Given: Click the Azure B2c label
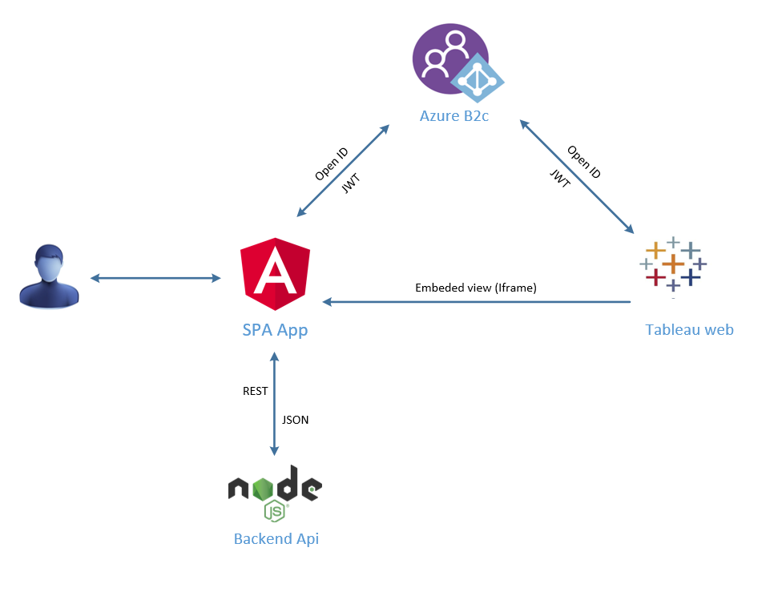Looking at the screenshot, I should pyautogui.click(x=454, y=116).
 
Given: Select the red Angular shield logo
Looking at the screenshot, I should pyautogui.click(x=275, y=274).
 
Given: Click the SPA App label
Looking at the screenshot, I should pyautogui.click(x=275, y=330).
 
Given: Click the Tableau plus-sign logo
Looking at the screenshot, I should pyautogui.click(x=673, y=264).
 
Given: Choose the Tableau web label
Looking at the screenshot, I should pyautogui.click(x=689, y=330).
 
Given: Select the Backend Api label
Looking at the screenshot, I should pyautogui.click(x=276, y=539).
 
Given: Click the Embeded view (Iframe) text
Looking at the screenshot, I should pyautogui.click(x=475, y=288).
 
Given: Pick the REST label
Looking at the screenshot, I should pyautogui.click(x=255, y=392).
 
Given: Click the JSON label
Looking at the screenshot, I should pyautogui.click(x=296, y=420).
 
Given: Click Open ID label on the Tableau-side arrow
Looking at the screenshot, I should pyautogui.click(x=584, y=162).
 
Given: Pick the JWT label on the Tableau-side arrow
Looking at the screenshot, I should pyautogui.click(x=560, y=178).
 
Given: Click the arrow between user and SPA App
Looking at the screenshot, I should pyautogui.click(x=155, y=278).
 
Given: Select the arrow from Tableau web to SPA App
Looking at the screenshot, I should pyautogui.click(x=477, y=302).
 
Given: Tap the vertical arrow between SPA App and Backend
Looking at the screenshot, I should pyautogui.click(x=275, y=405).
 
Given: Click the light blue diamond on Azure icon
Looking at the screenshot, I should pyautogui.click(x=478, y=79).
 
